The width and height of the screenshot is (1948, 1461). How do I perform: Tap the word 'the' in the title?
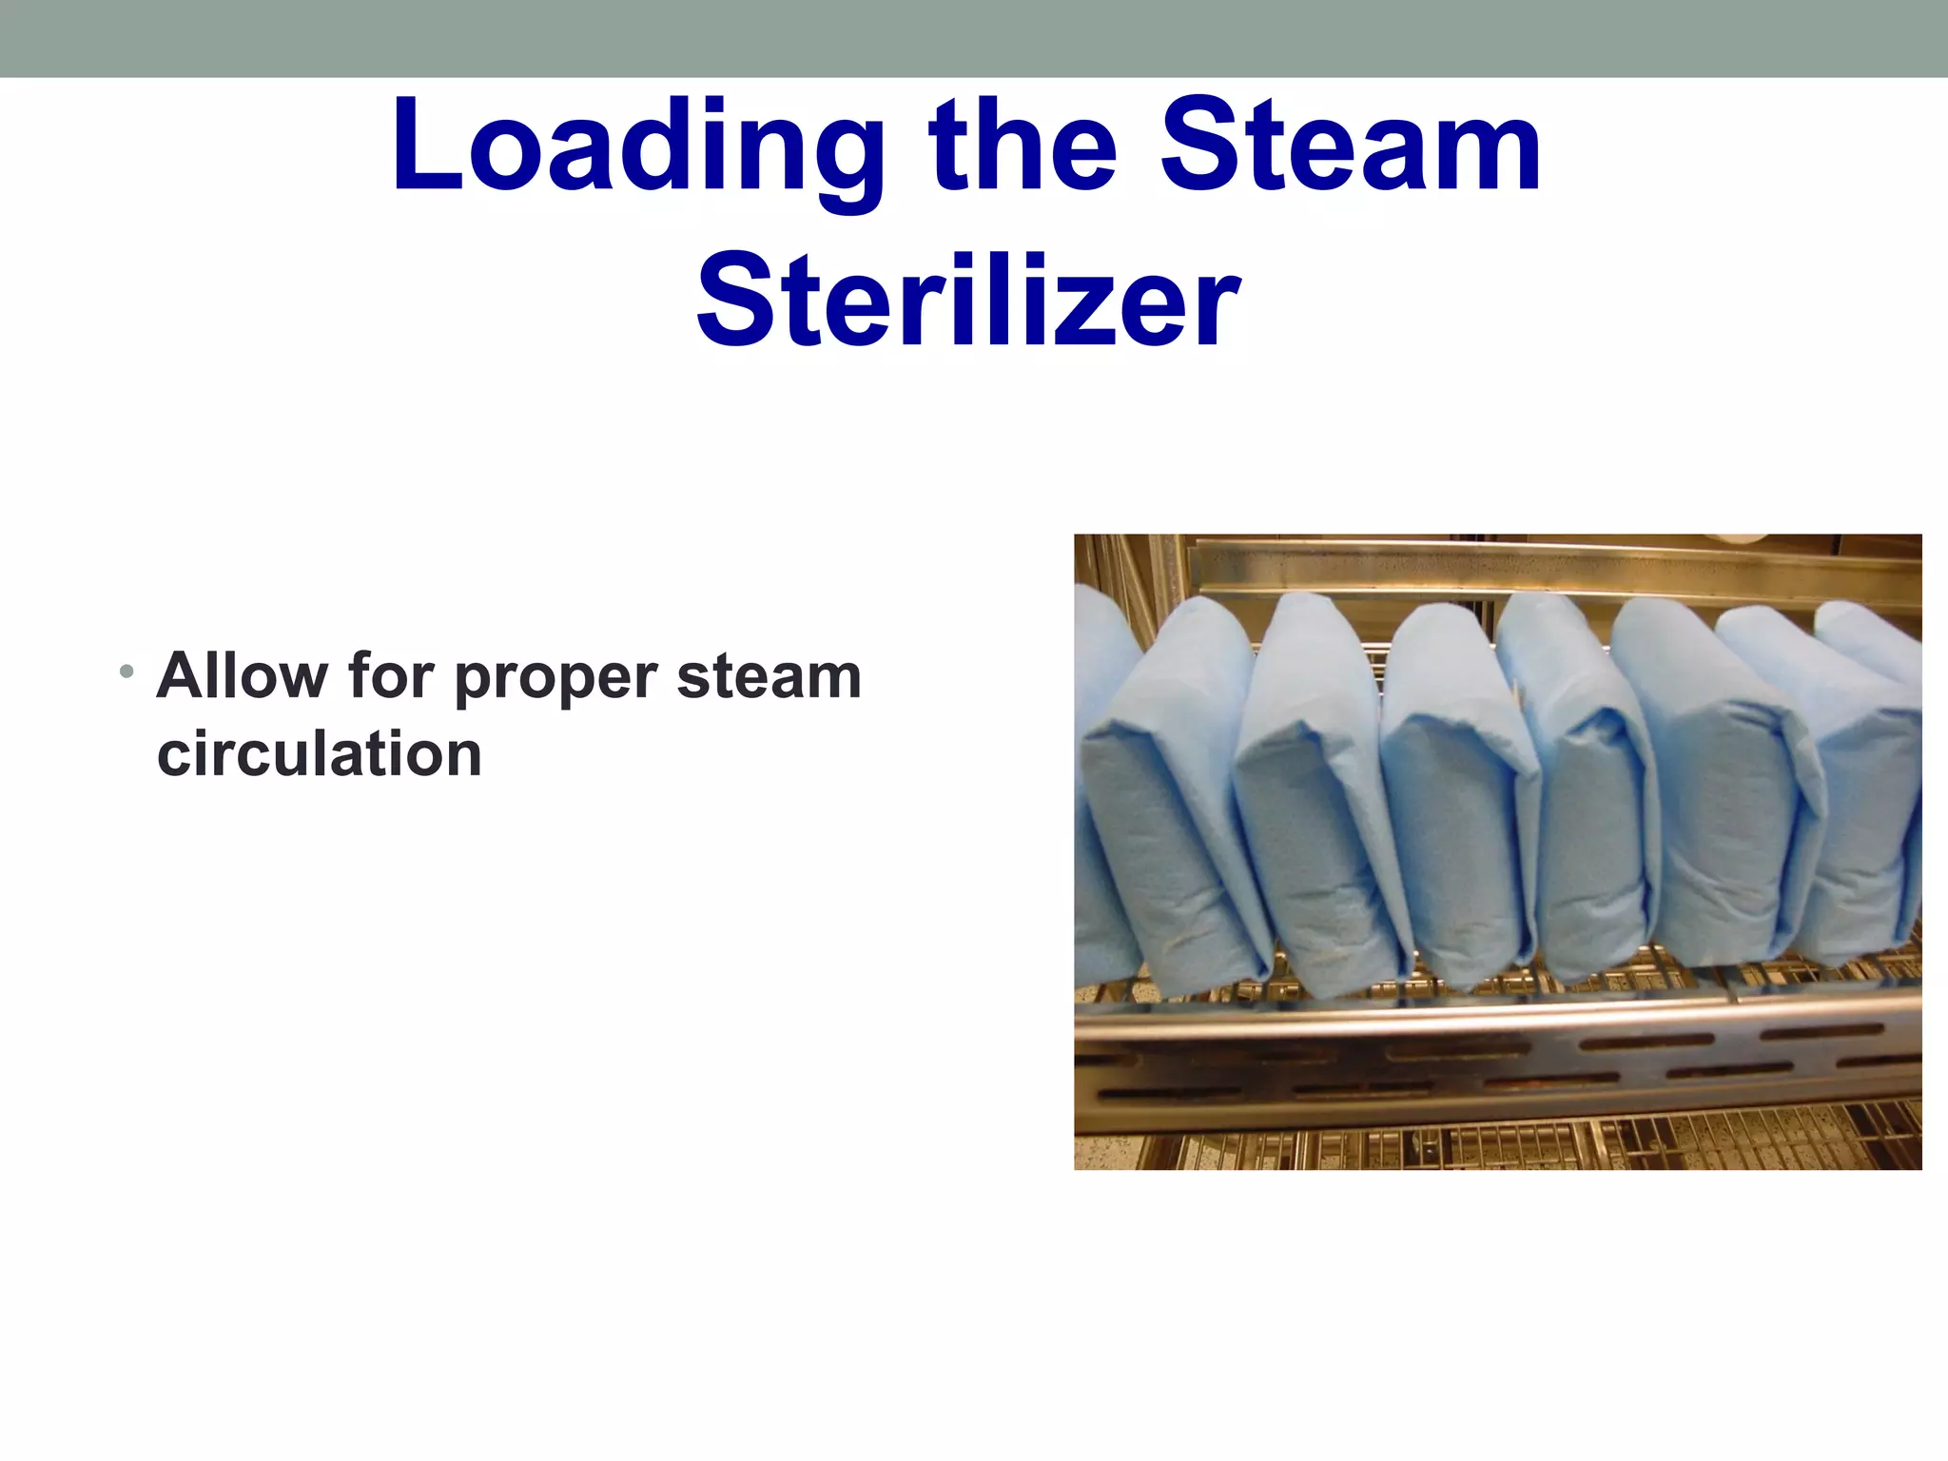click(1023, 147)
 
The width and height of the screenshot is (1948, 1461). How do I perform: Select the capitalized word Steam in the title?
click(1351, 147)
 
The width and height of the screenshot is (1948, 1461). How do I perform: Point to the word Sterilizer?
click(968, 302)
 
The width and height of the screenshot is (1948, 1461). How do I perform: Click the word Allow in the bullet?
click(242, 676)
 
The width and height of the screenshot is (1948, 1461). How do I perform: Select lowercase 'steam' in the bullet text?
click(769, 676)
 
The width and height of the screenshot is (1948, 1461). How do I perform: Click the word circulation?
click(320, 753)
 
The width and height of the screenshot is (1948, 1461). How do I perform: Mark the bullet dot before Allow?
click(126, 672)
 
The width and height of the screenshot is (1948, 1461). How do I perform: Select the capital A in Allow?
click(183, 676)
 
